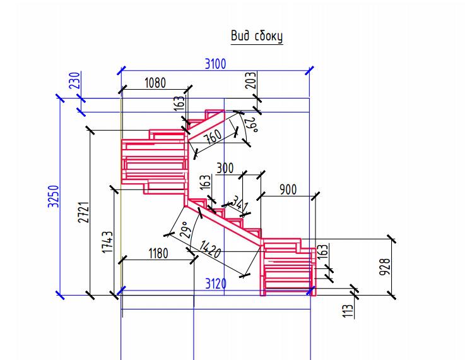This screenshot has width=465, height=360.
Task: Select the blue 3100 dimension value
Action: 216,64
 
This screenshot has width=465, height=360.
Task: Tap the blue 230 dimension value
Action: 74,80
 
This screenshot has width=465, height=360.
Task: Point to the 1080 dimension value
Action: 155,83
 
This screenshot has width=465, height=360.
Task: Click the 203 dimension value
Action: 250,80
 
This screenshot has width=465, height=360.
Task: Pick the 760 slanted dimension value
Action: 213,136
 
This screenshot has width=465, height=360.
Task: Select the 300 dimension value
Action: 225,168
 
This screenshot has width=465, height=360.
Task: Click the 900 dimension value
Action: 288,189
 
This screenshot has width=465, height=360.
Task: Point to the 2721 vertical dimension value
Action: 84,212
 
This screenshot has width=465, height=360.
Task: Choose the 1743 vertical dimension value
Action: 107,242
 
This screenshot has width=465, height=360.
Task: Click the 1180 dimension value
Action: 158,254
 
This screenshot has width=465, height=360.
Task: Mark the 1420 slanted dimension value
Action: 210,249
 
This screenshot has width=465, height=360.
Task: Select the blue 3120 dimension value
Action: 216,284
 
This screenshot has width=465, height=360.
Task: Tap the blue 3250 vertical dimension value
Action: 54,196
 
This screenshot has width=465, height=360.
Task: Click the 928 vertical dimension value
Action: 385,267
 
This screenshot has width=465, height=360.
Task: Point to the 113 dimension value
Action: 348,311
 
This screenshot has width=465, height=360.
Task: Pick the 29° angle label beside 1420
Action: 186,230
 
